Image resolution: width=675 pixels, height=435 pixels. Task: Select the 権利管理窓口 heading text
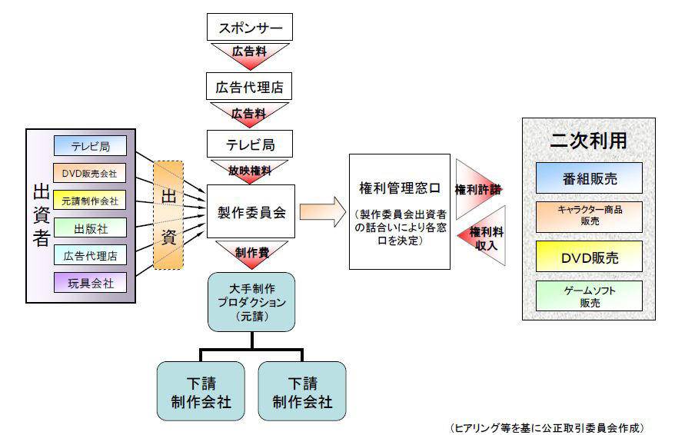[400, 188]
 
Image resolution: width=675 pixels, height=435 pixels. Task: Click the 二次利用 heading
[589, 141]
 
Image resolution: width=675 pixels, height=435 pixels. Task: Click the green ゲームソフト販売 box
[589, 296]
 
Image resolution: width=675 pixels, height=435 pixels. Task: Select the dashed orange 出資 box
[169, 214]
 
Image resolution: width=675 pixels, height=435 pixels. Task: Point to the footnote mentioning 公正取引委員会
[547, 425]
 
